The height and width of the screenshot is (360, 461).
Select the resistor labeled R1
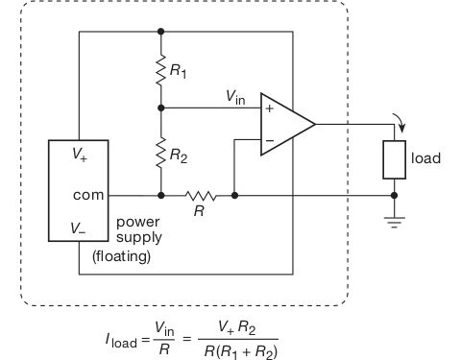(x=160, y=68)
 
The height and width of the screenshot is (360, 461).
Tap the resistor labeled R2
(x=160, y=151)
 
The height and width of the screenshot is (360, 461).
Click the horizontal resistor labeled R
(x=200, y=195)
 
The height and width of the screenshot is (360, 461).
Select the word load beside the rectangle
(x=425, y=158)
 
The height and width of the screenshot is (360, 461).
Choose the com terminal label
(x=88, y=194)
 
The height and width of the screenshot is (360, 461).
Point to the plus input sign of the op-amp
(x=269, y=108)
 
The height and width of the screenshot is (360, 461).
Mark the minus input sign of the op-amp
(x=269, y=140)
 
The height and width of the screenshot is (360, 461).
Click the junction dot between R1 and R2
(x=160, y=108)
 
